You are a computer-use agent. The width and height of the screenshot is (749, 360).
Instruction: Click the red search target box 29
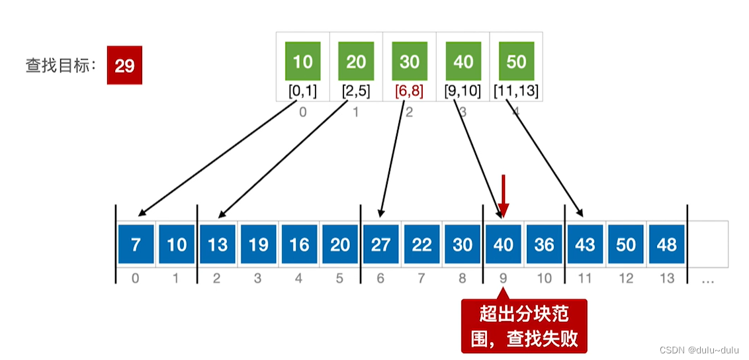tap(124, 66)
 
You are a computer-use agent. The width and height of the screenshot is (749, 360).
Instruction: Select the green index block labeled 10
tap(302, 62)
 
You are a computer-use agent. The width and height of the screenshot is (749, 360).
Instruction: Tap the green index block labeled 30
tap(410, 62)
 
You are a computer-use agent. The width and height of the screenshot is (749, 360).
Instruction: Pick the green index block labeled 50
tap(516, 62)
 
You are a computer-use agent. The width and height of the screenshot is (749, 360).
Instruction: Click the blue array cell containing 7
tap(136, 244)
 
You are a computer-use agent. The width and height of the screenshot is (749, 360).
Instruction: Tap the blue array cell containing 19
tap(258, 244)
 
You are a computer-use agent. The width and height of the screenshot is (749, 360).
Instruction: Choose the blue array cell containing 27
tap(380, 244)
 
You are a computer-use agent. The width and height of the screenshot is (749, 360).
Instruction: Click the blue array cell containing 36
tap(544, 244)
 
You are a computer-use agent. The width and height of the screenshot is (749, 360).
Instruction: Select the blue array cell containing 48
tap(666, 244)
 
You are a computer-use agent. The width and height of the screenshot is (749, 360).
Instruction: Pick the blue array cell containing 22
tap(421, 244)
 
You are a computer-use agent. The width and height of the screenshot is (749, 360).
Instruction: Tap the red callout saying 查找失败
tap(524, 326)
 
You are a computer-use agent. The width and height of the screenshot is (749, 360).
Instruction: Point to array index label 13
tap(667, 279)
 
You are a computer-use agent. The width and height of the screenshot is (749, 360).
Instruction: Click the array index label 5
tap(339, 279)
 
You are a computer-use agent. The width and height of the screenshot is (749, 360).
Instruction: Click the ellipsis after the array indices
tap(707, 279)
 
